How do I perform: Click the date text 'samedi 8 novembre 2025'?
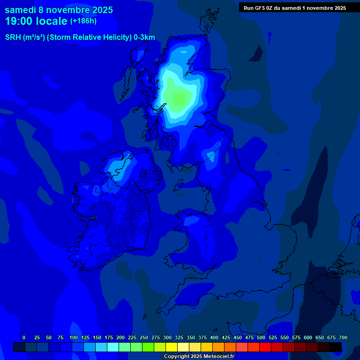click(x=59, y=10)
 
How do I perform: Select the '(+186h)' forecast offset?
click(x=84, y=21)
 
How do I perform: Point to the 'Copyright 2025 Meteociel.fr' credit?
click(x=199, y=356)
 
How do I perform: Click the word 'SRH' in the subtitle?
click(x=13, y=37)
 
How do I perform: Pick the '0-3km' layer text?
click(x=144, y=37)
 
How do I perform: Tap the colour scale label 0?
click(x=24, y=337)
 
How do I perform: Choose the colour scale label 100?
click(x=74, y=337)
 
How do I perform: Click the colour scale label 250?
click(x=144, y=337)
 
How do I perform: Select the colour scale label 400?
click(x=214, y=337)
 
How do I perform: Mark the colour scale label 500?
click(x=261, y=337)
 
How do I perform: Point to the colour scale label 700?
click(x=343, y=337)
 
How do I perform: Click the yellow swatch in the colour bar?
click(x=172, y=347)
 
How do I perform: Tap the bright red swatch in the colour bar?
click(x=265, y=347)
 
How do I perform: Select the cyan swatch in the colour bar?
click(x=113, y=347)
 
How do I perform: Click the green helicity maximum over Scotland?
click(x=179, y=99)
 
